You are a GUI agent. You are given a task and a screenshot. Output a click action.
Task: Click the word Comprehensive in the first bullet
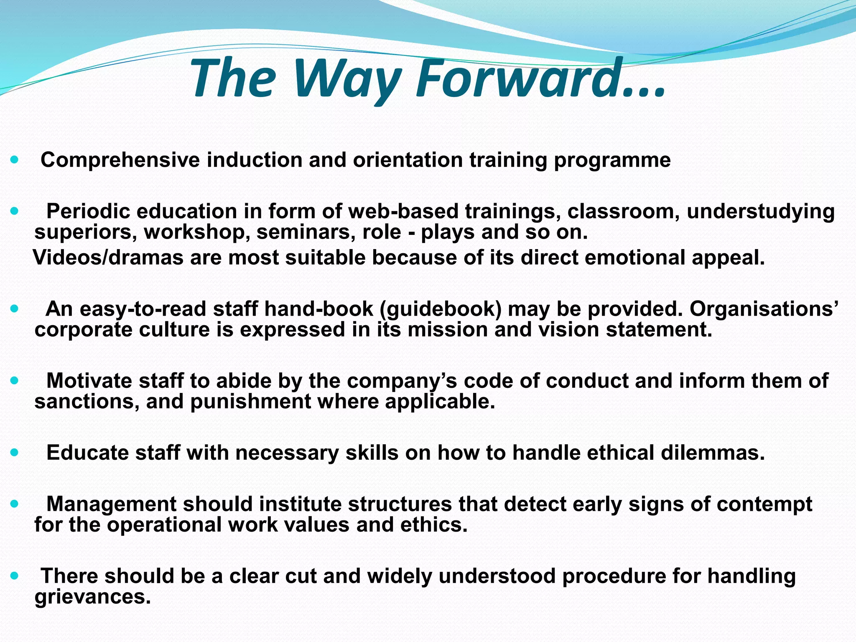click(120, 160)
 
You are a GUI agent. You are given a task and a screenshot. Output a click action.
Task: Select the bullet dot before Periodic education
click(15, 211)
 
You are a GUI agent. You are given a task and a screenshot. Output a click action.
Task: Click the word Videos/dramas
click(108, 257)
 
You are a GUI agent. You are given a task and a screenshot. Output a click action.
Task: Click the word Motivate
click(89, 381)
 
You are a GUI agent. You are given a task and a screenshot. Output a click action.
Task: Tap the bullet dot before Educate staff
click(15, 453)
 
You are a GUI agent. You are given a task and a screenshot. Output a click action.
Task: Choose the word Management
click(111, 504)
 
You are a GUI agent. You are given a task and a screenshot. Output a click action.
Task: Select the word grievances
click(92, 597)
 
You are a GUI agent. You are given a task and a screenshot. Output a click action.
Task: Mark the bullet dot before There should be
click(15, 576)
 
